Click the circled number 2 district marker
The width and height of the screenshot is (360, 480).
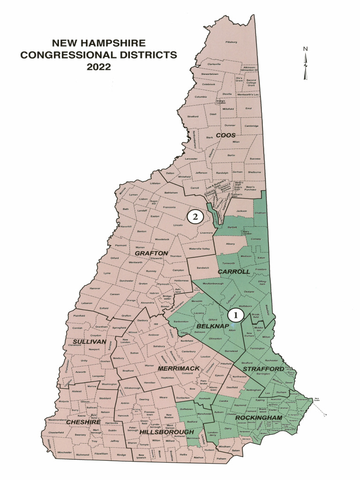[x=195, y=217]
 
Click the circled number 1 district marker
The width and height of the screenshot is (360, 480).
[x=236, y=315]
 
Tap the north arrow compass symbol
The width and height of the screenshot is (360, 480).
[x=305, y=63]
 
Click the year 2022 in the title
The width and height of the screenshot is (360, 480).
[x=98, y=67]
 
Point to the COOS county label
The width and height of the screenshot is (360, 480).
[x=225, y=135]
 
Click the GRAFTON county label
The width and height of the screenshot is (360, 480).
[x=151, y=253]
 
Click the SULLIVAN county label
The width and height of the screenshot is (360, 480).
[x=89, y=341]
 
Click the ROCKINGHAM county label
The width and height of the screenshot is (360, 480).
[x=258, y=417]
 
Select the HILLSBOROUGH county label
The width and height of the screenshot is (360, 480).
[x=166, y=431]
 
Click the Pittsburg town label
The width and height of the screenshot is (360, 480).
[x=232, y=42]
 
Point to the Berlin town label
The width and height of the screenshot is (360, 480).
[x=231, y=155]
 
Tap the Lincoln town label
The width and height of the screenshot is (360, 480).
[x=178, y=225]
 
